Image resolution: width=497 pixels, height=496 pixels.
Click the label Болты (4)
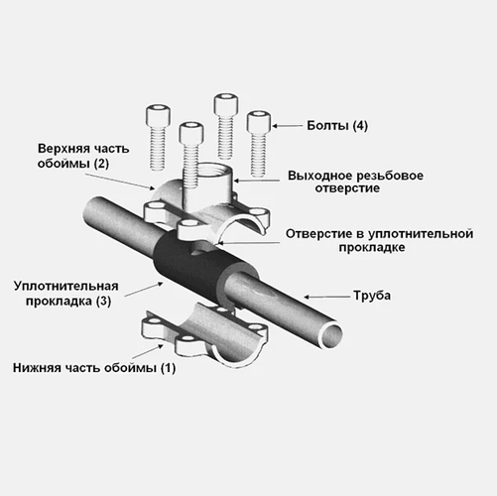[337, 126]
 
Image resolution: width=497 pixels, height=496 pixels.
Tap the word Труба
[372, 296]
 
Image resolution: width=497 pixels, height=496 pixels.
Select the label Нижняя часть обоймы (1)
[94, 368]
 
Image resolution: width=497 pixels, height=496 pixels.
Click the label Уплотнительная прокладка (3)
[66, 294]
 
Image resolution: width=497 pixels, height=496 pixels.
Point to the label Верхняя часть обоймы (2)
[83, 156]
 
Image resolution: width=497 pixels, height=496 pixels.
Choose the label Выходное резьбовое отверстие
[355, 182]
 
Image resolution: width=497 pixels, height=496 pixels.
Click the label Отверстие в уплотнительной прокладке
[379, 240]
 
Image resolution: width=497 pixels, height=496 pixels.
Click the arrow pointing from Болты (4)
[287, 126]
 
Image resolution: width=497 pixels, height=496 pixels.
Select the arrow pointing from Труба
[326, 297]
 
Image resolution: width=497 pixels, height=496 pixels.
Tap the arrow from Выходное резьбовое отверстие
[256, 181]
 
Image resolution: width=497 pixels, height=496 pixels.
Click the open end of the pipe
[330, 335]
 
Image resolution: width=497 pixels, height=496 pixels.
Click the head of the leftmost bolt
[158, 116]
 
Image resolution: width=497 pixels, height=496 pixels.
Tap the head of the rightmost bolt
[259, 122]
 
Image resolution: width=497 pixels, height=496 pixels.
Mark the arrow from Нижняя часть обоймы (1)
[148, 352]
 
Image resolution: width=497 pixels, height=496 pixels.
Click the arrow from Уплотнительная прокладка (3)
[144, 289]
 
